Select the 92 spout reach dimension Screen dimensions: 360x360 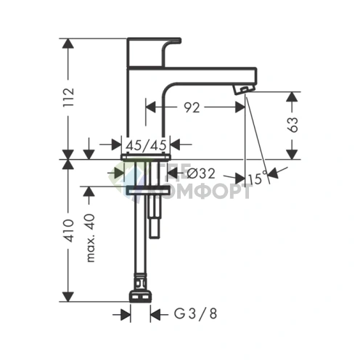coord(192,107)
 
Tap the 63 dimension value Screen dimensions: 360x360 coord(294,124)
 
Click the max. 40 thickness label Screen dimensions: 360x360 coord(90,240)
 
